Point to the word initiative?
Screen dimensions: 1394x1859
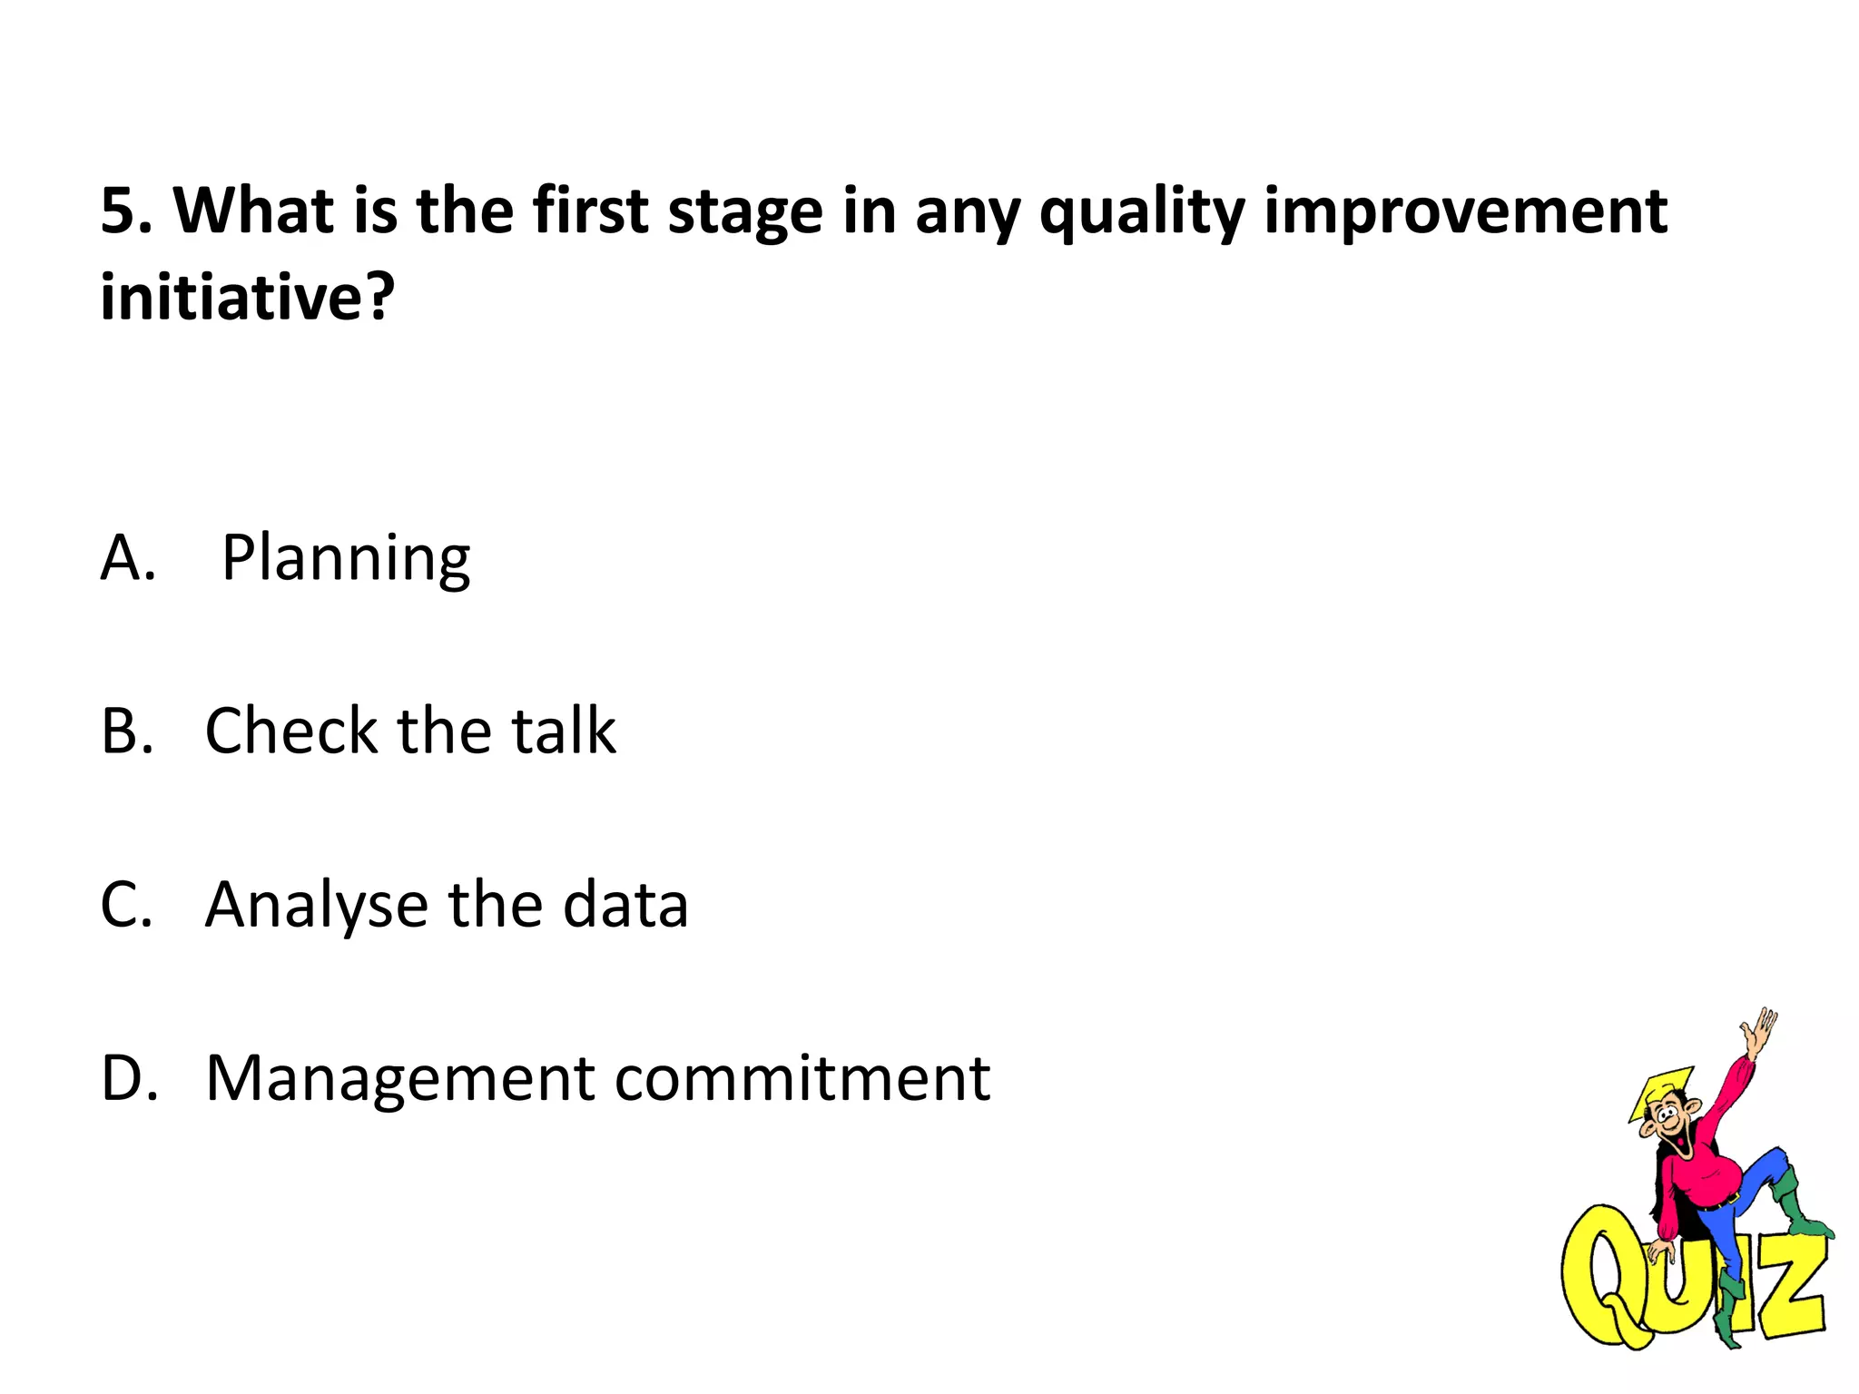tap(248, 297)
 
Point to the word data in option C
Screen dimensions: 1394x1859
tap(625, 905)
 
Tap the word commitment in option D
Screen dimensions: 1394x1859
tap(802, 1079)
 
